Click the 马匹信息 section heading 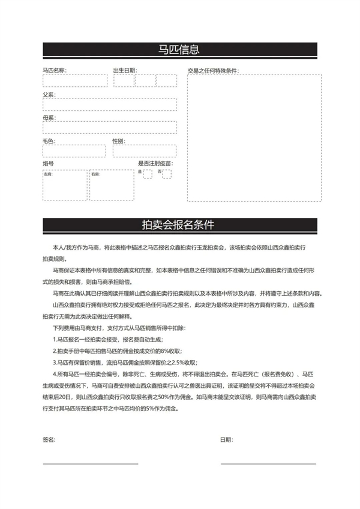tap(179, 49)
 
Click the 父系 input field tap(109, 104)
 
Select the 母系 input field tap(109, 127)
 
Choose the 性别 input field tap(144, 151)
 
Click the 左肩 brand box tap(64, 185)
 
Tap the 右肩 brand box tap(112, 185)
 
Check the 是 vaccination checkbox tap(148, 174)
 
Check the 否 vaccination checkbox tap(167, 174)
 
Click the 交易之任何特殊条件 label tap(212, 70)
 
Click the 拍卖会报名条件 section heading tap(179, 225)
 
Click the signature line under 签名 tap(90, 463)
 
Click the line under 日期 tap(268, 463)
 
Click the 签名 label tap(49, 440)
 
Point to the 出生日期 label tap(125, 70)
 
